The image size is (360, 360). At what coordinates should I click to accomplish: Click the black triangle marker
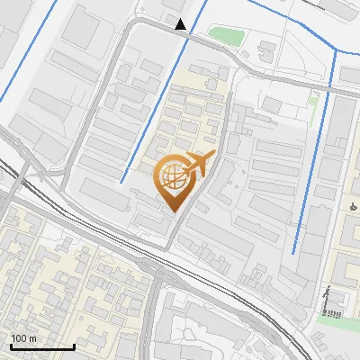[182, 24]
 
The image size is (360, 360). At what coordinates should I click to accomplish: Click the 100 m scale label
[24, 338]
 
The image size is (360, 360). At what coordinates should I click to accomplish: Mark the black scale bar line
[41, 347]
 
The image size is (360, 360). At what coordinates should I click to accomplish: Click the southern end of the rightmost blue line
[294, 253]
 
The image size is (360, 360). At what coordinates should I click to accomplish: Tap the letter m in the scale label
[32, 338]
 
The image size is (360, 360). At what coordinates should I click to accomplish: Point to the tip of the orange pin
[173, 211]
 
